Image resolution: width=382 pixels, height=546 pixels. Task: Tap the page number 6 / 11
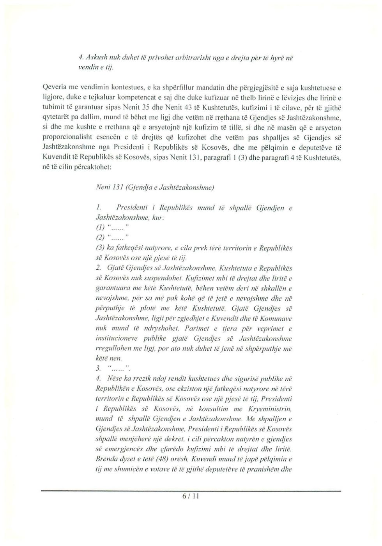[x=191, y=497]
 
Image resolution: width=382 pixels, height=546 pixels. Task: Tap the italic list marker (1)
[x=99, y=228]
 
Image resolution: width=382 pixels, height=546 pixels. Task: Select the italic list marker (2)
[x=99, y=238]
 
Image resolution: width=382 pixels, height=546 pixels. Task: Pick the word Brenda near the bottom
[x=106, y=459]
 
